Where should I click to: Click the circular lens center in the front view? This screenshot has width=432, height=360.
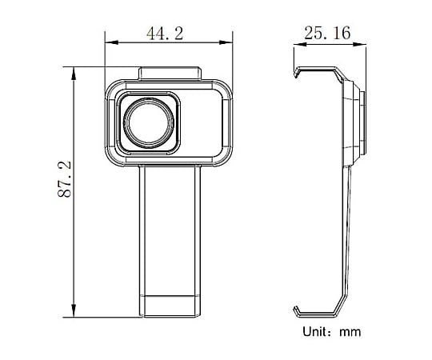point(146,122)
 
